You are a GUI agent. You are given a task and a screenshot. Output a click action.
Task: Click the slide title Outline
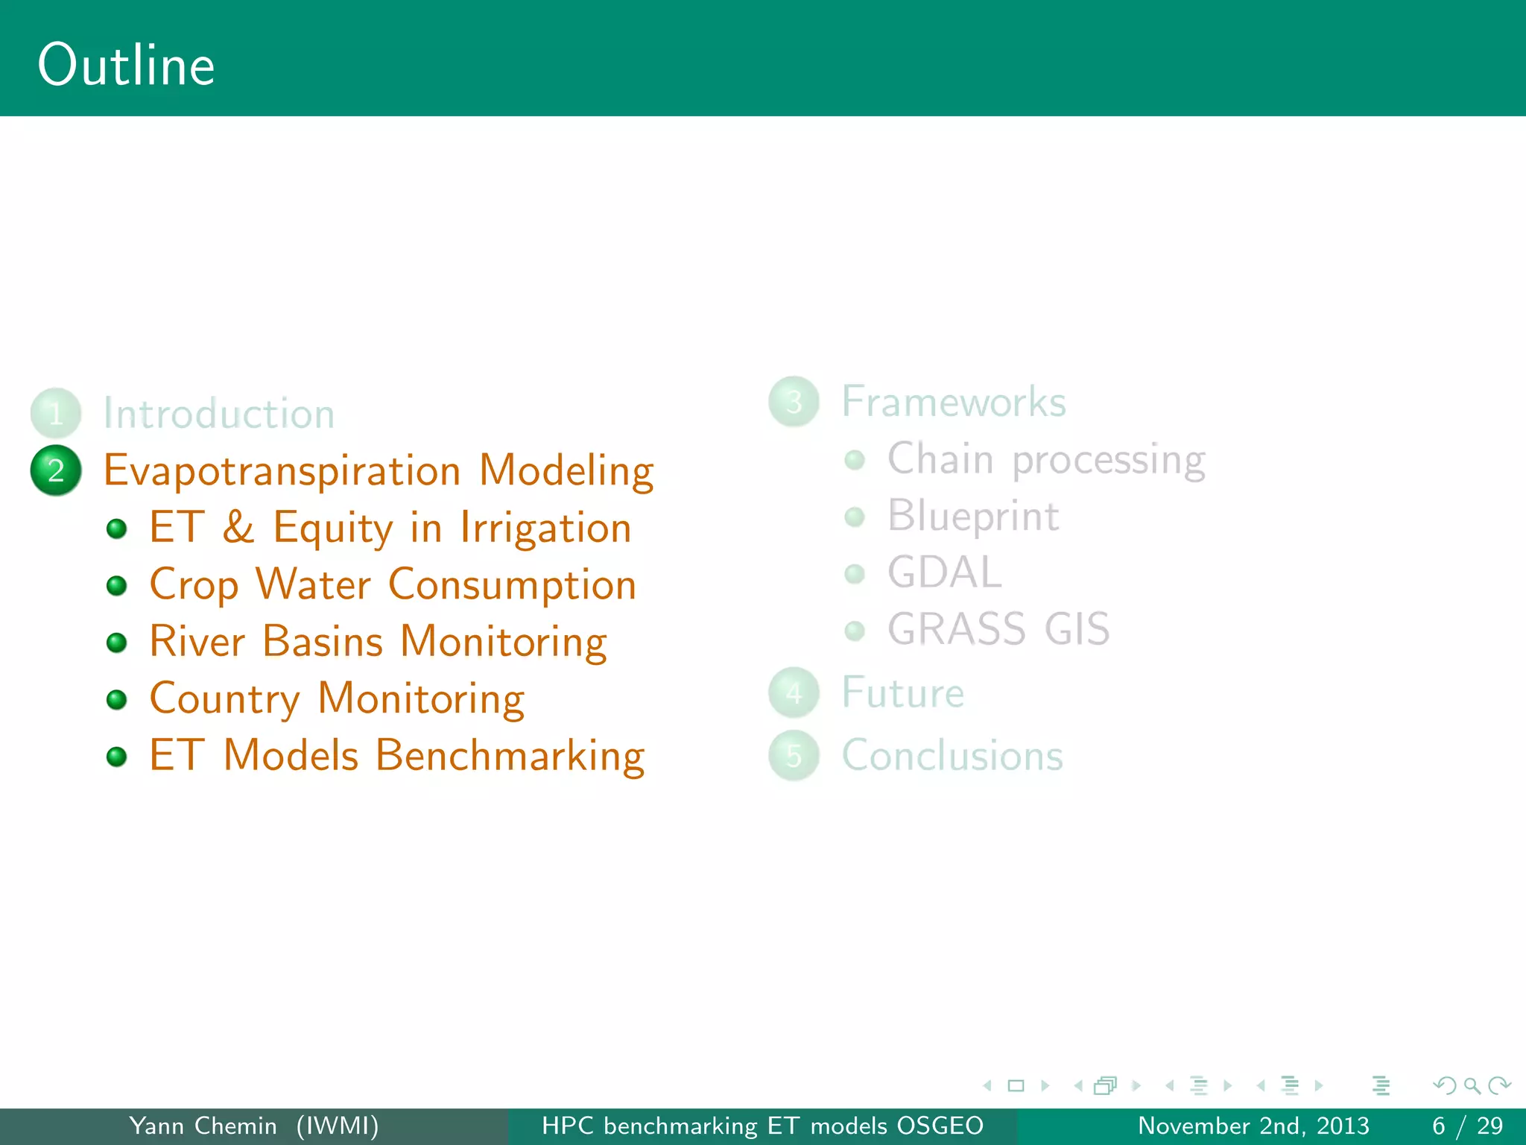click(x=126, y=66)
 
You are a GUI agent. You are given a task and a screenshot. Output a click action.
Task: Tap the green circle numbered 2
click(x=56, y=470)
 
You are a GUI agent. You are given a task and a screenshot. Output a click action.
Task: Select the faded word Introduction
click(x=218, y=414)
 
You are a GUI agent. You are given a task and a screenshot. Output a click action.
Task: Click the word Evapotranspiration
click(x=282, y=471)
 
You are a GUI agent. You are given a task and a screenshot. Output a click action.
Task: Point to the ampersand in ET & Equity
click(x=238, y=527)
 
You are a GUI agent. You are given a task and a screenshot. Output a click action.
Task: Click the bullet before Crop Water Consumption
click(x=117, y=586)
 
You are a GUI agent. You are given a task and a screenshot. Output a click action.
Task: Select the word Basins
click(x=323, y=641)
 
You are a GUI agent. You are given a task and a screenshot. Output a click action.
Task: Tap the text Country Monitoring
click(x=337, y=698)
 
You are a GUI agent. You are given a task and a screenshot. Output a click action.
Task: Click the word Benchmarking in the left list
click(x=510, y=755)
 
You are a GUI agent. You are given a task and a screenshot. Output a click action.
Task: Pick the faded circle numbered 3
click(x=794, y=402)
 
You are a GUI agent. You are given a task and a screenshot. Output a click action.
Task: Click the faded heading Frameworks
click(x=954, y=402)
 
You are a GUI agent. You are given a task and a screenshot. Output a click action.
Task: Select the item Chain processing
click(x=1046, y=459)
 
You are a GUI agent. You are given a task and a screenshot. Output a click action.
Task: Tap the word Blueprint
click(x=973, y=516)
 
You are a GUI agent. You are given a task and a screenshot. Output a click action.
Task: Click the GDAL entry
click(x=944, y=572)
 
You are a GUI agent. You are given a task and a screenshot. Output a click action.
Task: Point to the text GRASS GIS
click(x=998, y=629)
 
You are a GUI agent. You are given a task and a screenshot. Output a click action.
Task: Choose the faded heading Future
click(x=902, y=693)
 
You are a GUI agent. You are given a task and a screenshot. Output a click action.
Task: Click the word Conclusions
click(x=952, y=755)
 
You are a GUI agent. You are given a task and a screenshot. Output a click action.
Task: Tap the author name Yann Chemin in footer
click(x=203, y=1126)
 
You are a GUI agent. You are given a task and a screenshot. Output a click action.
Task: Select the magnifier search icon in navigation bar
click(x=1472, y=1085)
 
